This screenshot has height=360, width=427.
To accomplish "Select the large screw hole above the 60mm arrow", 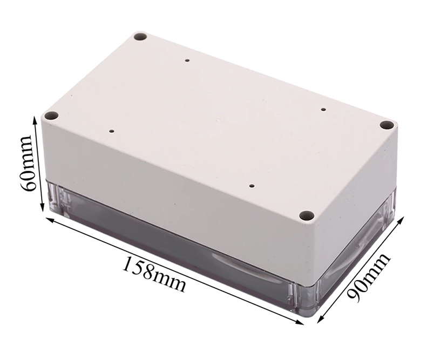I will (51, 116).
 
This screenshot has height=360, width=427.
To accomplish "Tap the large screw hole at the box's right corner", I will (385, 125).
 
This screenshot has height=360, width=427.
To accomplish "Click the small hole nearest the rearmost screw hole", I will (187, 61).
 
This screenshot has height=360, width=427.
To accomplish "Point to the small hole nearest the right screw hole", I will (323, 110).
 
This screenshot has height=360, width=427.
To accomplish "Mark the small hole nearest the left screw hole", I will (111, 131).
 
